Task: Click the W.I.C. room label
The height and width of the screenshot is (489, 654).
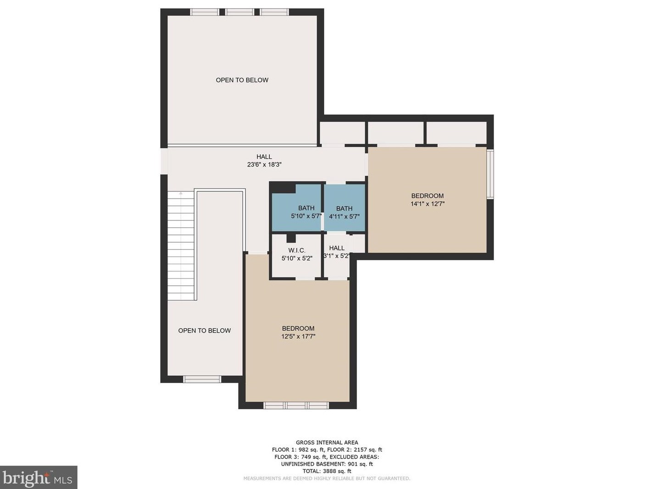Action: (297, 250)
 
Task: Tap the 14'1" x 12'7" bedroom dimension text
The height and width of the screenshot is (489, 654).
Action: (427, 204)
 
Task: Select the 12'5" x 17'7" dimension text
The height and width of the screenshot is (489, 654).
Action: (298, 336)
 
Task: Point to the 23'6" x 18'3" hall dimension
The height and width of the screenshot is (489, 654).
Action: (264, 165)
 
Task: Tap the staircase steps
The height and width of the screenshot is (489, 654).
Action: (181, 245)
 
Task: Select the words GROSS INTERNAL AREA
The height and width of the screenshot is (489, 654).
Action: (327, 443)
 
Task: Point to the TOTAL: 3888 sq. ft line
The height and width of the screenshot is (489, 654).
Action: (327, 471)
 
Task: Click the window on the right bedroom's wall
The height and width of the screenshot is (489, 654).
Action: (490, 174)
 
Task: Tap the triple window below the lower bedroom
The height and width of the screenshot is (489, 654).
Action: (296, 405)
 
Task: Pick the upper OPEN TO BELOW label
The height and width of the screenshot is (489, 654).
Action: (242, 80)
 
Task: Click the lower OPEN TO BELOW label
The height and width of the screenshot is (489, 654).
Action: (205, 330)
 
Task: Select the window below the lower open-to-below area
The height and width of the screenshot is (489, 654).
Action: (202, 379)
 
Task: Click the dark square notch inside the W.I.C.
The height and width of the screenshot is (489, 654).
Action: (291, 239)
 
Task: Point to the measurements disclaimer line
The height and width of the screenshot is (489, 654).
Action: (327, 478)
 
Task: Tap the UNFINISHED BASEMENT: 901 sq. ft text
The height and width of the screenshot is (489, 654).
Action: (327, 464)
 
